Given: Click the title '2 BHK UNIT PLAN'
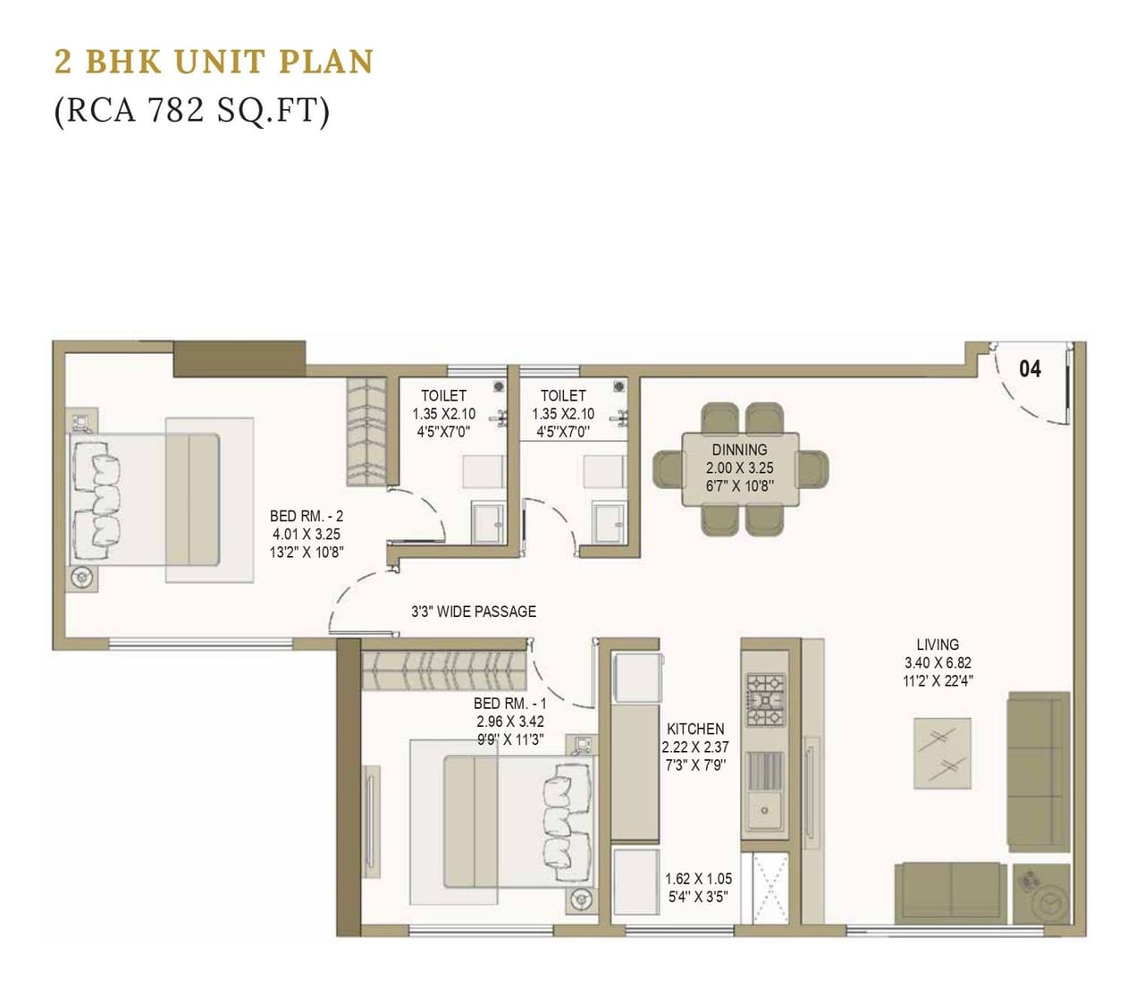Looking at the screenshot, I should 214,62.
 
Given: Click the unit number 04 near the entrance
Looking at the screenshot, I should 1030,368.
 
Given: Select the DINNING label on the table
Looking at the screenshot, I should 739,450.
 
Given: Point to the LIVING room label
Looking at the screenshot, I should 938,644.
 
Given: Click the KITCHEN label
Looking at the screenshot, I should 695,729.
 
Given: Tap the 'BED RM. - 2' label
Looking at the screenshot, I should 307,516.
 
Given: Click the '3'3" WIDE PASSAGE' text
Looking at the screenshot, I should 474,612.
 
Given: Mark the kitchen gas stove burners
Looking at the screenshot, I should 766,699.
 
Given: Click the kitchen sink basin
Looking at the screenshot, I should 765,810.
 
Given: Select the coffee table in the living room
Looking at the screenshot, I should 942,752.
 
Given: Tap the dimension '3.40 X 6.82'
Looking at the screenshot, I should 938,663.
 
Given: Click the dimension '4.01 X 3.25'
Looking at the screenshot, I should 307,534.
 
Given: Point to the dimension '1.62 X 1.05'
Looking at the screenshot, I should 698,879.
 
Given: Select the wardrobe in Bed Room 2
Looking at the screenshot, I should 366,431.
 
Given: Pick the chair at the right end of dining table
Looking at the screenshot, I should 813,469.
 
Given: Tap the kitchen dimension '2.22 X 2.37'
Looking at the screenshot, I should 695,747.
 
